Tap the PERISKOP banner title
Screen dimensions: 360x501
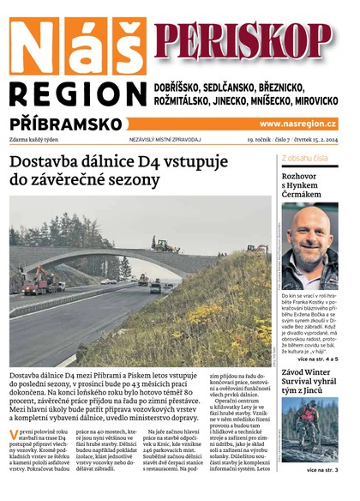coord(243,39)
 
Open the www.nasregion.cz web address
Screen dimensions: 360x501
coord(297,124)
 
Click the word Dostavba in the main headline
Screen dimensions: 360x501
coord(45,160)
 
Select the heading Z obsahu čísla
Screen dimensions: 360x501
coord(304,158)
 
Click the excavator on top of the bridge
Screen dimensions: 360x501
coord(165,244)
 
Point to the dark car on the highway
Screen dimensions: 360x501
coord(155,288)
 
